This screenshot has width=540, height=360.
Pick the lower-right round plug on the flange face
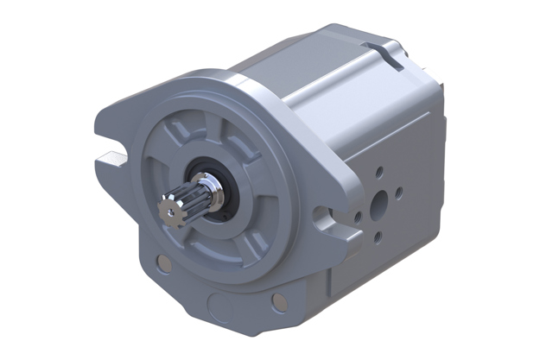pos(278,301)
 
